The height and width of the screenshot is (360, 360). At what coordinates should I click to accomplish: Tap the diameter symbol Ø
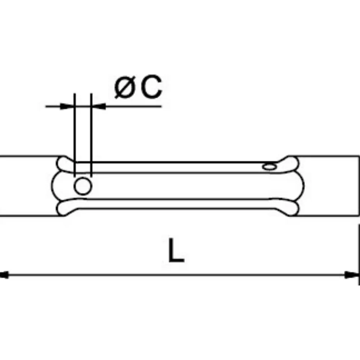(124, 88)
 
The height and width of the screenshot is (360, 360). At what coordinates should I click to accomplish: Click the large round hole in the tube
(83, 186)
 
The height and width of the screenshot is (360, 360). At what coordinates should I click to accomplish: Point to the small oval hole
(270, 166)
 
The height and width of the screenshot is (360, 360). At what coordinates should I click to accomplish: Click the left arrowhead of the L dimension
(4, 275)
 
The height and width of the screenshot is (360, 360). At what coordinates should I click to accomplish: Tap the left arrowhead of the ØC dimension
(67, 106)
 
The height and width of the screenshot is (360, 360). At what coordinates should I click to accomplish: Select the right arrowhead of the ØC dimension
(98, 106)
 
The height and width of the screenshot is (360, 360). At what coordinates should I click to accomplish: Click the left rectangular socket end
(29, 186)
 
